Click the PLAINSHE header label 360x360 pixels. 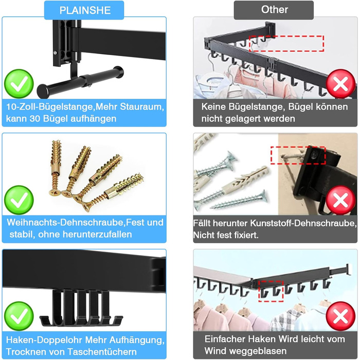84,10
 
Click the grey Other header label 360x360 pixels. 274,10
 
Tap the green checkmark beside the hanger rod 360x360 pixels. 19,84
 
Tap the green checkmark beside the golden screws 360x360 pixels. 19,200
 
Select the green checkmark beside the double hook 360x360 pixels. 19,316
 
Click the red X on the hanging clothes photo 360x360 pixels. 340,84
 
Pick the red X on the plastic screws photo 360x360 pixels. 340,200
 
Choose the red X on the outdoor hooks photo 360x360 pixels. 340,316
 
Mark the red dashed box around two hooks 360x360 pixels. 271,292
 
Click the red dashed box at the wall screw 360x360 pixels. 298,155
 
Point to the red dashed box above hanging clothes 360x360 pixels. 286,43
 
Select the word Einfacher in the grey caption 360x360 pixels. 226,339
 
